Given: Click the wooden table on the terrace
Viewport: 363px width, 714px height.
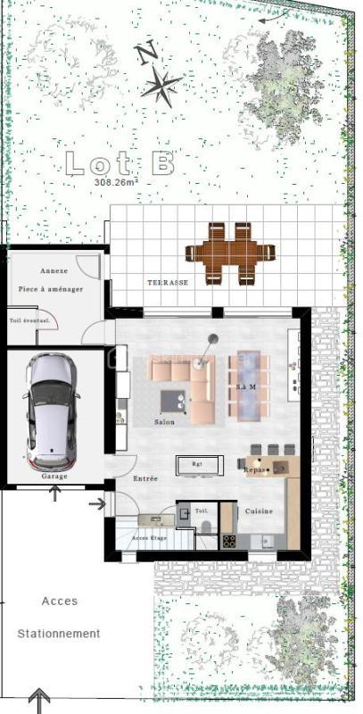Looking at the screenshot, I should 229,253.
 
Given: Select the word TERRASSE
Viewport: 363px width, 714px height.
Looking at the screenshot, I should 168,282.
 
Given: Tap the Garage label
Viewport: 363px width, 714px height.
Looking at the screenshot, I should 54,477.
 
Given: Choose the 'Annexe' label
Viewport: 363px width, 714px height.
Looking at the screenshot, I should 54,270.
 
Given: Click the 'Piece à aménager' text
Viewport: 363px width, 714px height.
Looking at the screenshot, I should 50,291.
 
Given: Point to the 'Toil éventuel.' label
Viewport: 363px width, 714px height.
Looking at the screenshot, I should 29,320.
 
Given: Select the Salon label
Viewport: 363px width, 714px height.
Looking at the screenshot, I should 164,422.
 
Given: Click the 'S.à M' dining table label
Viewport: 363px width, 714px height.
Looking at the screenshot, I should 247,387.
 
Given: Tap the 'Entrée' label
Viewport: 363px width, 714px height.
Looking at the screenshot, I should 145,479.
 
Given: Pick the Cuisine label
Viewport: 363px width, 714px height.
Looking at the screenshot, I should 259,511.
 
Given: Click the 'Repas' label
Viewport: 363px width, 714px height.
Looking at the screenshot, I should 256,467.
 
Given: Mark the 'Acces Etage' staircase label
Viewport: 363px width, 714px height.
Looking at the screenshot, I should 150,538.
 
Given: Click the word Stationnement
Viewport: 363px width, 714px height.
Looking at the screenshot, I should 59,634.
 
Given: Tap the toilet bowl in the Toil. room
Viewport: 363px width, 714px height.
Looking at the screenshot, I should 204,527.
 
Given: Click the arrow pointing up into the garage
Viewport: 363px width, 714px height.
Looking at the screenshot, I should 55,492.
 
